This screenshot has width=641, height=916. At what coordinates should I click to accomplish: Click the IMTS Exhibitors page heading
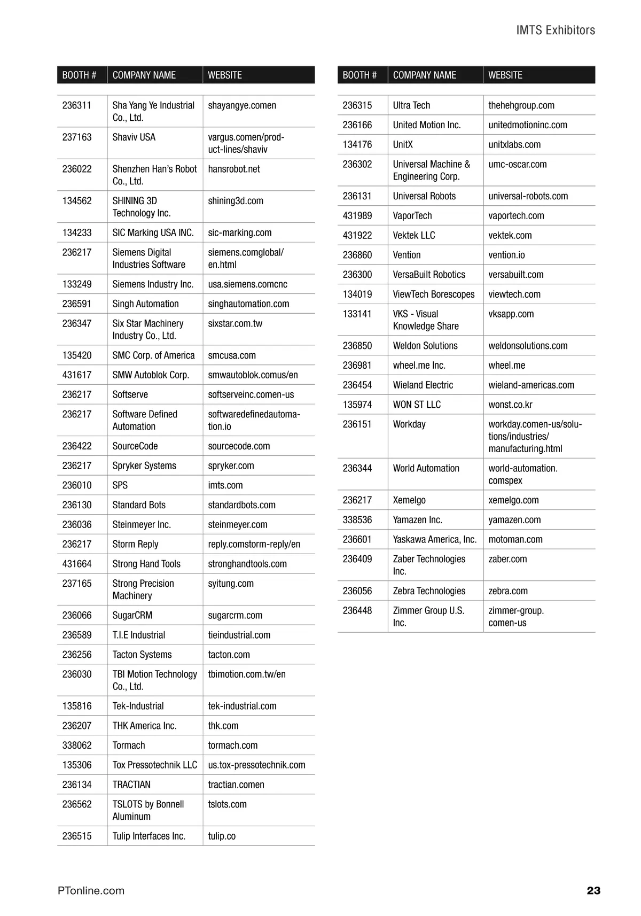[555, 30]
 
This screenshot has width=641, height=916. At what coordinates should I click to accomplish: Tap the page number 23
[593, 890]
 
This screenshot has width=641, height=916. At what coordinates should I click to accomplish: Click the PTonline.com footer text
[91, 890]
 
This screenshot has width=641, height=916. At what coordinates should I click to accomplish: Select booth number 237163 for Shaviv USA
[77, 137]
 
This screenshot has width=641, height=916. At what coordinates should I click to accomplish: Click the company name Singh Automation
[145, 304]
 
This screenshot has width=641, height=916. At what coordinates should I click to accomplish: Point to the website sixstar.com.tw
[235, 324]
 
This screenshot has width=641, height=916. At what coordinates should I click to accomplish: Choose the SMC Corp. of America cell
[153, 355]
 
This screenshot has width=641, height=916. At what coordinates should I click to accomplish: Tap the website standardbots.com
[241, 505]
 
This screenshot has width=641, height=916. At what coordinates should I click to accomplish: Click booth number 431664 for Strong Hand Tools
[77, 564]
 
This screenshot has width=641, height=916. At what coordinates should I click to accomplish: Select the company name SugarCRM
[132, 616]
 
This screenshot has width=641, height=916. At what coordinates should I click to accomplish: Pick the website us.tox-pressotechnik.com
[256, 765]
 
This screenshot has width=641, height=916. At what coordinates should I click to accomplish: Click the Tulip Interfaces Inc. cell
[148, 836]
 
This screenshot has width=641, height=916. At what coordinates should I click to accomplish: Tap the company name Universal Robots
[424, 196]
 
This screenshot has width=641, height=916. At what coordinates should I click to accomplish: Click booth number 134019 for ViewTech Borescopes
[357, 294]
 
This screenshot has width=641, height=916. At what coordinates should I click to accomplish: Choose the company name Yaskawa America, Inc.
[434, 540]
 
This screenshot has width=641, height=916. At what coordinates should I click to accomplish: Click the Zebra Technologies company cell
[429, 591]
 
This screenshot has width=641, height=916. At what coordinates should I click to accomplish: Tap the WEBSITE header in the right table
[505, 75]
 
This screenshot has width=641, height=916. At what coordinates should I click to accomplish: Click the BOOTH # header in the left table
[79, 75]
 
